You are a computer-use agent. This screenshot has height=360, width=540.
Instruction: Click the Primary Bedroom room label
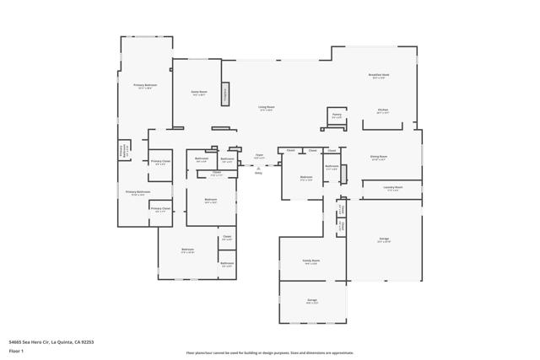145,85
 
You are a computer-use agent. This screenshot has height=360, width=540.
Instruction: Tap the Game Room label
199,93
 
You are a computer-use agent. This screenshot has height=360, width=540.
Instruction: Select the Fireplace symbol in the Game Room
225,94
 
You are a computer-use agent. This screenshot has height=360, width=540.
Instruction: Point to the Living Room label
266,108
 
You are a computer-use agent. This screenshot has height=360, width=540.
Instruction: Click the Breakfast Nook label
380,74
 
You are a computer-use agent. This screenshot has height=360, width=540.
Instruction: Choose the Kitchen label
382,110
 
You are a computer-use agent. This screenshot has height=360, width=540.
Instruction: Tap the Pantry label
337,115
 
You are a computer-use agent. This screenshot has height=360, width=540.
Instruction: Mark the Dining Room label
379,157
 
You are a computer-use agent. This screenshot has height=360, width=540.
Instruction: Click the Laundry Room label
393,187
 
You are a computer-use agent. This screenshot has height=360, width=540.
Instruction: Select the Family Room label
311,261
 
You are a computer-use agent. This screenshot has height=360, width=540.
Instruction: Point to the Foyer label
260,155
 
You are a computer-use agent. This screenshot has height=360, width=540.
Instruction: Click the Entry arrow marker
258,168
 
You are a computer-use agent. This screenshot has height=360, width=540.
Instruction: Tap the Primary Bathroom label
137,192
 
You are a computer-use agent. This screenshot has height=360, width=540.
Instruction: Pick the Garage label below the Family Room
311,299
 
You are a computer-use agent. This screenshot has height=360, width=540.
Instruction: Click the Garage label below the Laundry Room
384,239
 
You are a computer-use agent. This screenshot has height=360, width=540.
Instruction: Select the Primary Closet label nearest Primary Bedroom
160,161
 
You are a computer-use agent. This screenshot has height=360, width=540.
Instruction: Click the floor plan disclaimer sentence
270,352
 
